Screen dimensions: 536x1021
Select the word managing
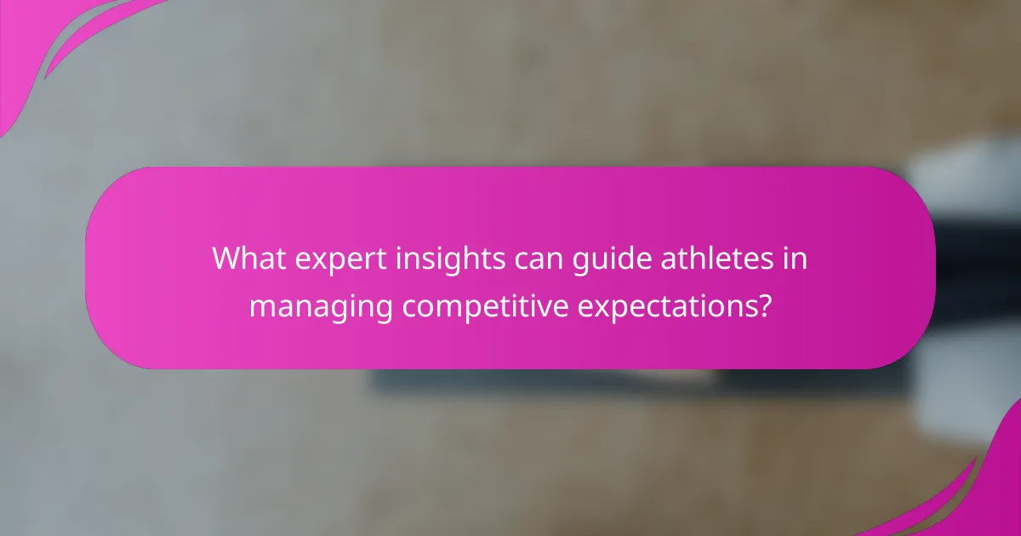[320, 306]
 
